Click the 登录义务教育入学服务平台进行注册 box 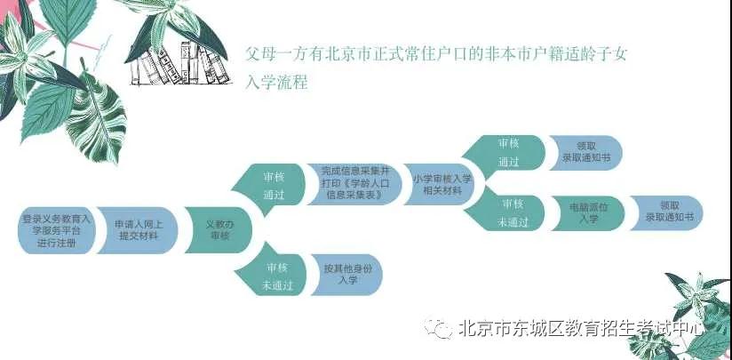point(56,230)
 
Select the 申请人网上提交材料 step point(139,230)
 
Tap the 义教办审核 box point(219,230)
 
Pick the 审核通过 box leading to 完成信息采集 point(269,187)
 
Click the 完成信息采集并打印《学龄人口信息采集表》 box point(354,184)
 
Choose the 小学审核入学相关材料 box point(441,184)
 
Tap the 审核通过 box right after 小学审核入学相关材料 point(505,153)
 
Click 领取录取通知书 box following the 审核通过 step point(586,153)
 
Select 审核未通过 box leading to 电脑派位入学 point(506,212)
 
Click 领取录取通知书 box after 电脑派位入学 point(666,213)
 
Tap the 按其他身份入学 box point(346,275)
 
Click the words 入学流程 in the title point(276,82)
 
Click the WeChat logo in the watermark point(437,328)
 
